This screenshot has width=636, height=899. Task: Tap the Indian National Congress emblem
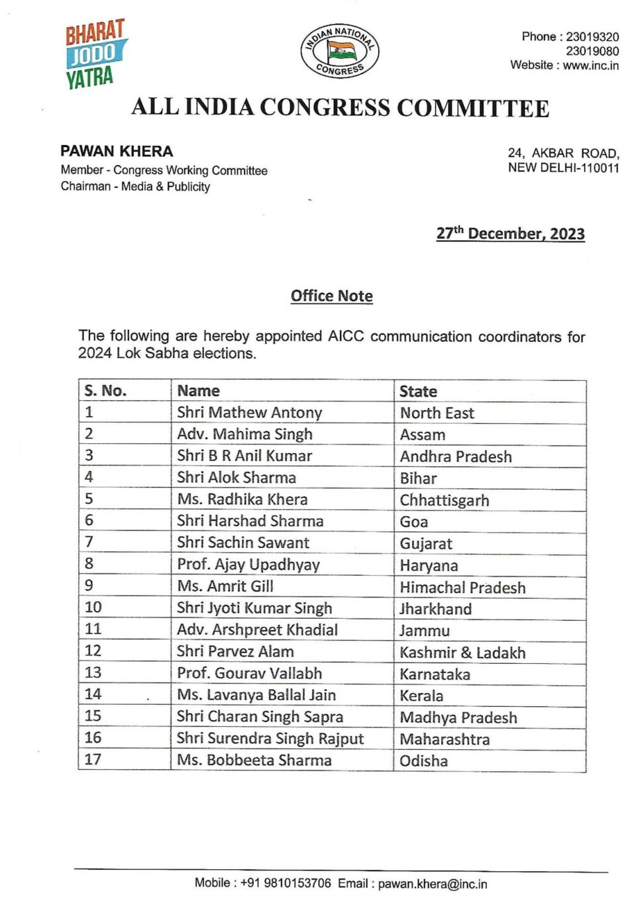[340, 51]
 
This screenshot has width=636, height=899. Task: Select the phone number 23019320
[592, 37]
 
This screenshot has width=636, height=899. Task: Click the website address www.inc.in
[590, 66]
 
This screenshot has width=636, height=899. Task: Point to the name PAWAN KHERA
[117, 152]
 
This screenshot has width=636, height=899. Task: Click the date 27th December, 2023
[510, 234]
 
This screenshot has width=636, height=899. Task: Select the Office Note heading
[331, 296]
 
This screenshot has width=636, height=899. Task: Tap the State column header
[418, 392]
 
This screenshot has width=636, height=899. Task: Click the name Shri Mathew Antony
[249, 413]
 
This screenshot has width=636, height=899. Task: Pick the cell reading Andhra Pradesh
[456, 456]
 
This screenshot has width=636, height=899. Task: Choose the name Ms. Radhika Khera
[242, 500]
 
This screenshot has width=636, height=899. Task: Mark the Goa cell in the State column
[414, 522]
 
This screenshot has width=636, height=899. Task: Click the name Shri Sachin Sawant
[242, 543]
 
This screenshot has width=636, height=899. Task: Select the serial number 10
[93, 608]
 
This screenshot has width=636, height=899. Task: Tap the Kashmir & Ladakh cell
[462, 653]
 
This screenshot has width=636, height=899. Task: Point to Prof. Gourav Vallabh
[249, 673]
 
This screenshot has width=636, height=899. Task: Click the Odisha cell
[423, 761]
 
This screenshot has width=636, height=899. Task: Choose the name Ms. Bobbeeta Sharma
[254, 760]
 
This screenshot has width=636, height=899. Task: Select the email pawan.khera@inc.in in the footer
[432, 884]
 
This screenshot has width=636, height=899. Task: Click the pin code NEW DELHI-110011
[563, 168]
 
